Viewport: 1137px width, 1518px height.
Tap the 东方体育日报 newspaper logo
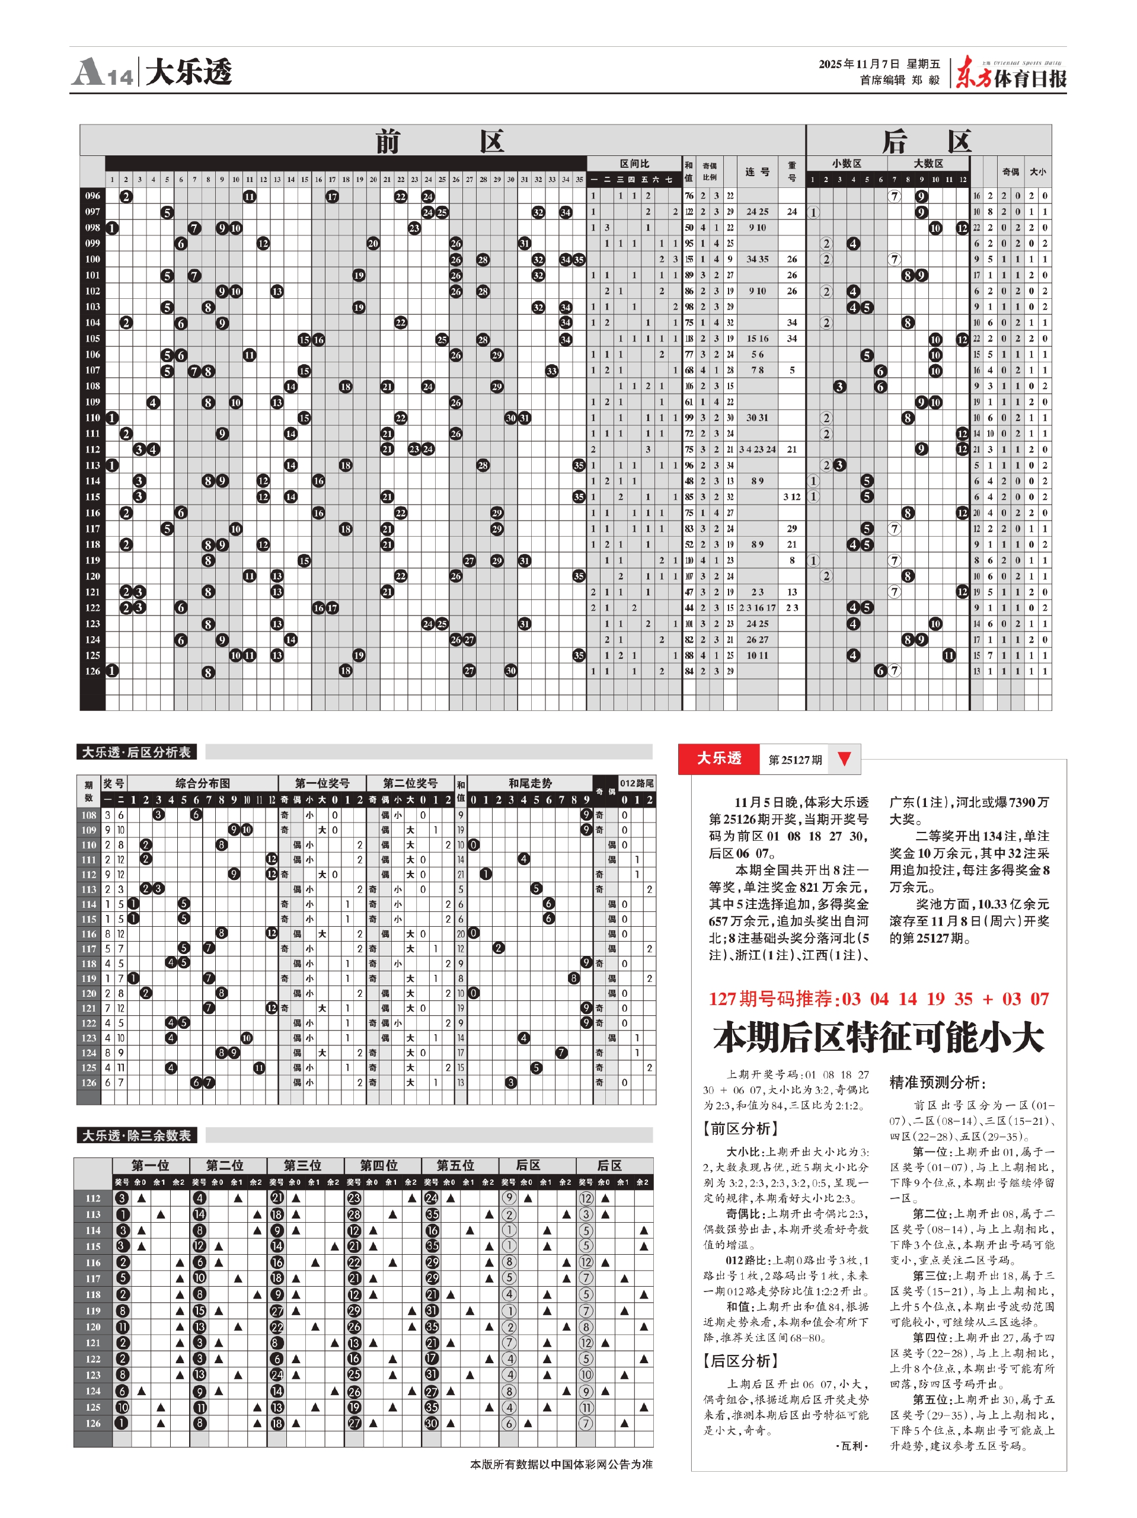click(1011, 72)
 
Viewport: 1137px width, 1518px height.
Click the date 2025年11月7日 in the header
click(858, 64)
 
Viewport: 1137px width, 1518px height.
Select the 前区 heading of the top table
click(440, 141)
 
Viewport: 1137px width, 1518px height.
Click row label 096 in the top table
click(92, 196)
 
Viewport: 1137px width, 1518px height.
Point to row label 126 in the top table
click(92, 671)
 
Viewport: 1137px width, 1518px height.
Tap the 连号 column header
click(757, 171)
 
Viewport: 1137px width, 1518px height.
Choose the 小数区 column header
click(846, 163)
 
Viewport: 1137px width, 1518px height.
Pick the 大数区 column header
click(928, 163)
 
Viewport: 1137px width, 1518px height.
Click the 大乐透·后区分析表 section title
click(136, 752)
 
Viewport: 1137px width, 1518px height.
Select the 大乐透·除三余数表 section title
click(136, 1135)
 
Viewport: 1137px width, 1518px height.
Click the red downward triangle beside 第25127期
click(844, 758)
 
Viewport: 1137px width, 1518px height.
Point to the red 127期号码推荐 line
click(879, 999)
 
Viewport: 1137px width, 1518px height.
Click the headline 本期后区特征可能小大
click(879, 1037)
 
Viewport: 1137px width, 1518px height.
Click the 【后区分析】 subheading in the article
click(740, 1361)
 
